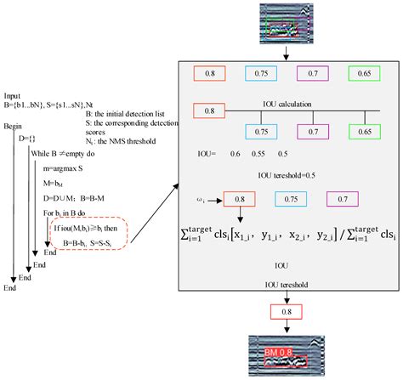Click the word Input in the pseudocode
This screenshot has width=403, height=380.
14,96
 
